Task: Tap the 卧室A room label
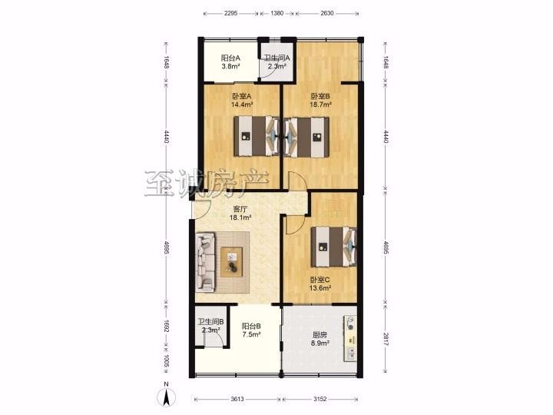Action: click(x=242, y=96)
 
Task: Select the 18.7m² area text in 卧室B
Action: click(x=320, y=105)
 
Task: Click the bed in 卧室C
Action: click(x=333, y=247)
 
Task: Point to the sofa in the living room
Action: click(x=205, y=262)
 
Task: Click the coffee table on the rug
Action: click(x=232, y=262)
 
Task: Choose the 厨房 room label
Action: click(x=320, y=334)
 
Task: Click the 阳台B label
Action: click(x=251, y=326)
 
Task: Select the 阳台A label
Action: click(x=230, y=58)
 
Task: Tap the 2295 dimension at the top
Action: click(x=230, y=13)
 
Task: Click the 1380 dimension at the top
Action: click(x=277, y=13)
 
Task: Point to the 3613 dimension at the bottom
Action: click(x=237, y=399)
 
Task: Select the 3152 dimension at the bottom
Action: click(x=320, y=399)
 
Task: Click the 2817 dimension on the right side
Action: click(x=386, y=338)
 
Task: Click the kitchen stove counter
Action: click(x=350, y=338)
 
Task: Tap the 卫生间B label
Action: click(x=210, y=322)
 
